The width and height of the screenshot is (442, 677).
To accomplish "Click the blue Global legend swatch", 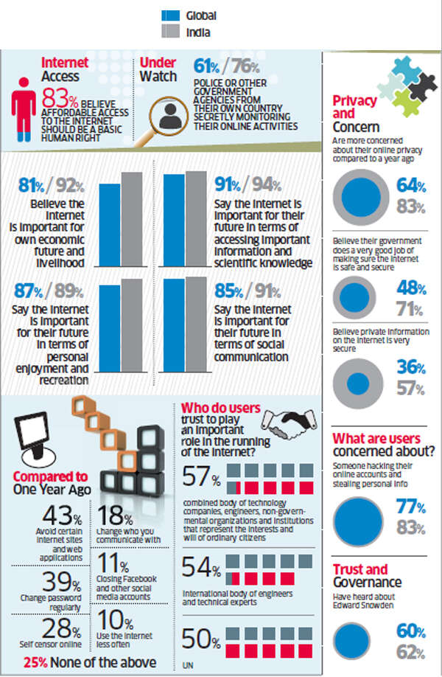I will click(x=172, y=15).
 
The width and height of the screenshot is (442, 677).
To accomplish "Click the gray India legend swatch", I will click(x=172, y=32).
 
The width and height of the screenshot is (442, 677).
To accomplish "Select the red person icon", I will click(x=24, y=108).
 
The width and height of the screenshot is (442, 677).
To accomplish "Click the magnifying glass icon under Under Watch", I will click(x=169, y=113).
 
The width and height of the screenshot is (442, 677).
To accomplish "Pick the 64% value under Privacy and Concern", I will click(x=411, y=187).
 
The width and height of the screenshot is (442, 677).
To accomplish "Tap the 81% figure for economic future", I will click(x=35, y=184).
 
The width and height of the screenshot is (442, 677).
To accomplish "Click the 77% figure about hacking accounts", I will click(x=410, y=507).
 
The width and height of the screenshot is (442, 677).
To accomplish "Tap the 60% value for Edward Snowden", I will click(x=410, y=631).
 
